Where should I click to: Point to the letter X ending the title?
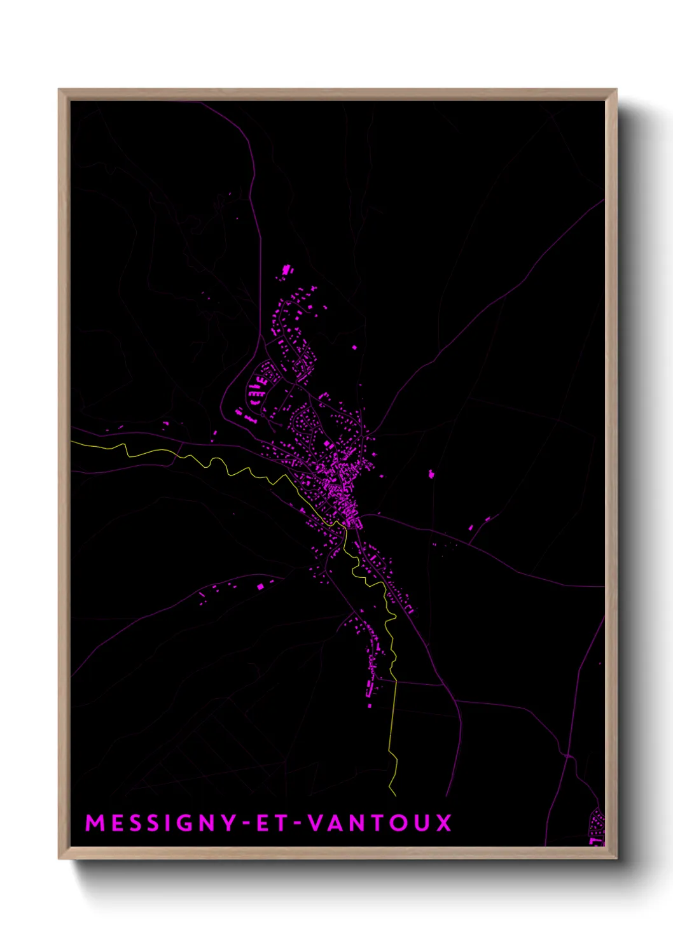tap(443, 823)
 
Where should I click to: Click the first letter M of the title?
tap(95, 823)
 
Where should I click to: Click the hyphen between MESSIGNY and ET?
tap(247, 824)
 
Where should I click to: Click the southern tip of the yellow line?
tap(395, 795)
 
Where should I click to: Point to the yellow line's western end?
tap(72, 441)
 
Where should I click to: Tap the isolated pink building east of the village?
tap(431, 474)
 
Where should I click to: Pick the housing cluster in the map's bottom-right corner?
tap(597, 827)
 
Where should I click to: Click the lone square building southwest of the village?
tap(260, 586)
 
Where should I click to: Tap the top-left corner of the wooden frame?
tap(59, 90)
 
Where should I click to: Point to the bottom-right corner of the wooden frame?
tap(616, 858)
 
